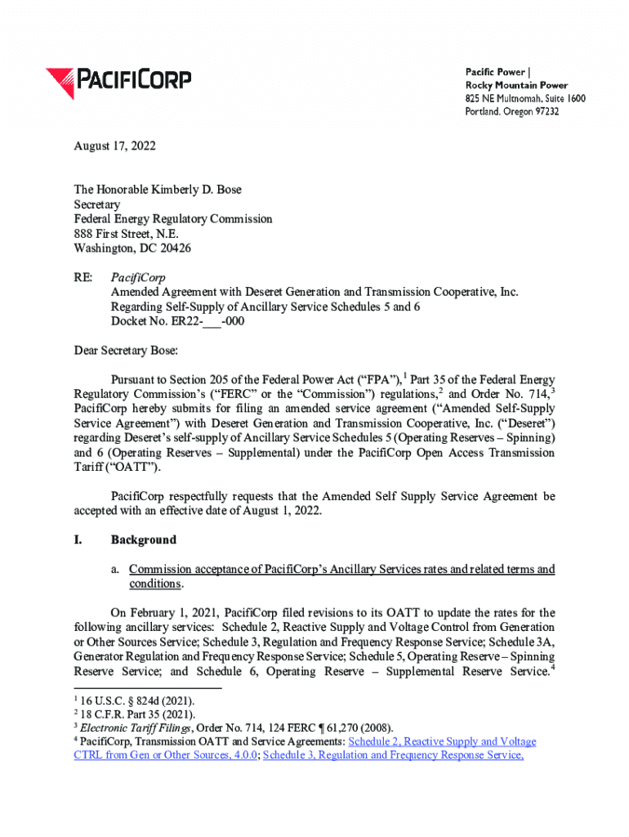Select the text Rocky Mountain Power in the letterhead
point(516,85)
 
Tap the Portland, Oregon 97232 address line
point(512,111)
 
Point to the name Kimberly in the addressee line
point(172,190)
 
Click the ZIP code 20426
point(175,248)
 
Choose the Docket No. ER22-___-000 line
point(177,322)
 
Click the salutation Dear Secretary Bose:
point(125,351)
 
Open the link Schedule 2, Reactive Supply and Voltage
point(442,742)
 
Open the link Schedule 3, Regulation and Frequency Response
point(393,756)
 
